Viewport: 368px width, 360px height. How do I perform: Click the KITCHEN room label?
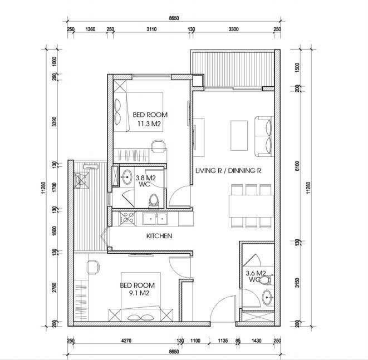pyautogui.click(x=159, y=236)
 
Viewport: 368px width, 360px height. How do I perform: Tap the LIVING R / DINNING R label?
pyautogui.click(x=228, y=171)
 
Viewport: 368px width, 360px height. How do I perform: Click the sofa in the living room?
pyautogui.click(x=263, y=135)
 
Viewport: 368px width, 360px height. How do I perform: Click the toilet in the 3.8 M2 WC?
pyautogui.click(x=158, y=199)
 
